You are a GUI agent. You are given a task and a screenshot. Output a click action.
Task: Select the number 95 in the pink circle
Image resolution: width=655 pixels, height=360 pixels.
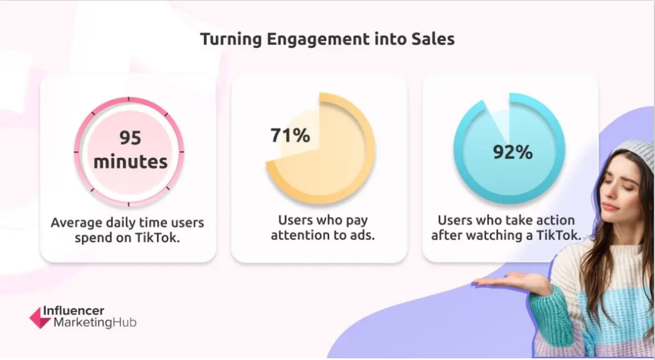pos(130,138)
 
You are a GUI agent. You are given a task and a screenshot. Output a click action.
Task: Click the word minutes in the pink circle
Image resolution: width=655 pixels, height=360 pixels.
pos(130,162)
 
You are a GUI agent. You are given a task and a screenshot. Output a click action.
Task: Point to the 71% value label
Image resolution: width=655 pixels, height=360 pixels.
pos(290,135)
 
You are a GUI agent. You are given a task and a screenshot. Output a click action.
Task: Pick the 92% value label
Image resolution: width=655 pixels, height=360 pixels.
pos(513,152)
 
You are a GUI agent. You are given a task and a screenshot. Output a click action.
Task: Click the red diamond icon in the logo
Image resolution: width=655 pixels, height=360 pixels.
pos(39,317)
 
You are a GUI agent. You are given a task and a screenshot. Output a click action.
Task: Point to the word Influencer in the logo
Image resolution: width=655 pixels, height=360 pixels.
pos(73,311)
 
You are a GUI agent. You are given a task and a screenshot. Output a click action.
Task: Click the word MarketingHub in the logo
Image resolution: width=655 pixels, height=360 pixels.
pos(94,323)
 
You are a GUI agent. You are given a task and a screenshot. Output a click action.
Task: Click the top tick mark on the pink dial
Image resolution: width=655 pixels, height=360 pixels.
pos(129,100)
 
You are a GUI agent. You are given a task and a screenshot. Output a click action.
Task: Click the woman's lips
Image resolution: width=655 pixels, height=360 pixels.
pos(609,207)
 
